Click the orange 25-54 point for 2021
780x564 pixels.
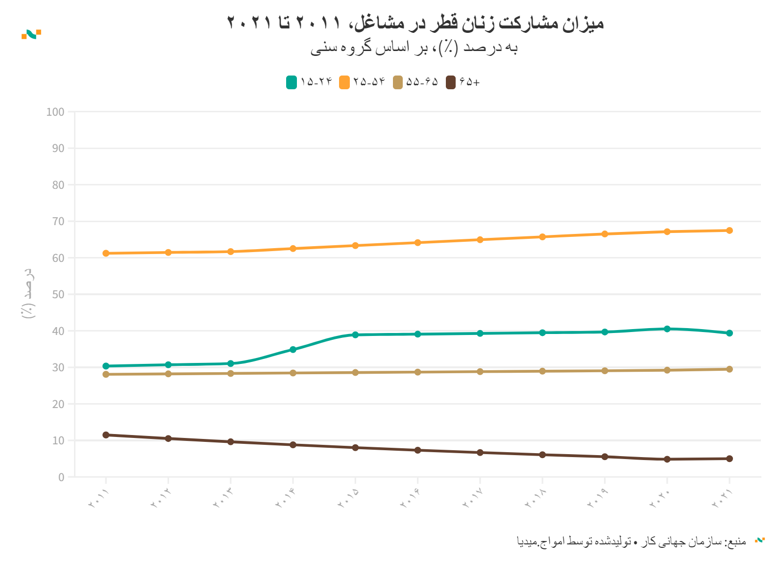click(730, 231)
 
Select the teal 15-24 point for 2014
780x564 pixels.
click(293, 350)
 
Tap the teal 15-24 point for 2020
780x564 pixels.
click(667, 329)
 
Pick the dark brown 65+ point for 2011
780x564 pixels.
click(106, 435)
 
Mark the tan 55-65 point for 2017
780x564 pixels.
click(480, 372)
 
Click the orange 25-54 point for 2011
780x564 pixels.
click(106, 254)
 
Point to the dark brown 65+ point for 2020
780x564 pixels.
click(667, 460)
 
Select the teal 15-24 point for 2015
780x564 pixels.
click(355, 335)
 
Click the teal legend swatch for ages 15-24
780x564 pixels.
click(292, 82)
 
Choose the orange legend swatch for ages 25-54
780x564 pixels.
click(344, 82)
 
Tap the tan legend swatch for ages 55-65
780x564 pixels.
click(398, 82)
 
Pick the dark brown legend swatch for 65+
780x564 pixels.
click(451, 82)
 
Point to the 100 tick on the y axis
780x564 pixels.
click(55, 112)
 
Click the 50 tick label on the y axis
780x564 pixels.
click(58, 294)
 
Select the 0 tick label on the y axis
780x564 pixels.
click(61, 477)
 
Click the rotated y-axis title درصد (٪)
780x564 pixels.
click(28, 293)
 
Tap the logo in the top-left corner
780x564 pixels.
click(31, 34)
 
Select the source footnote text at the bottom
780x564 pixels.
click(632, 541)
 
